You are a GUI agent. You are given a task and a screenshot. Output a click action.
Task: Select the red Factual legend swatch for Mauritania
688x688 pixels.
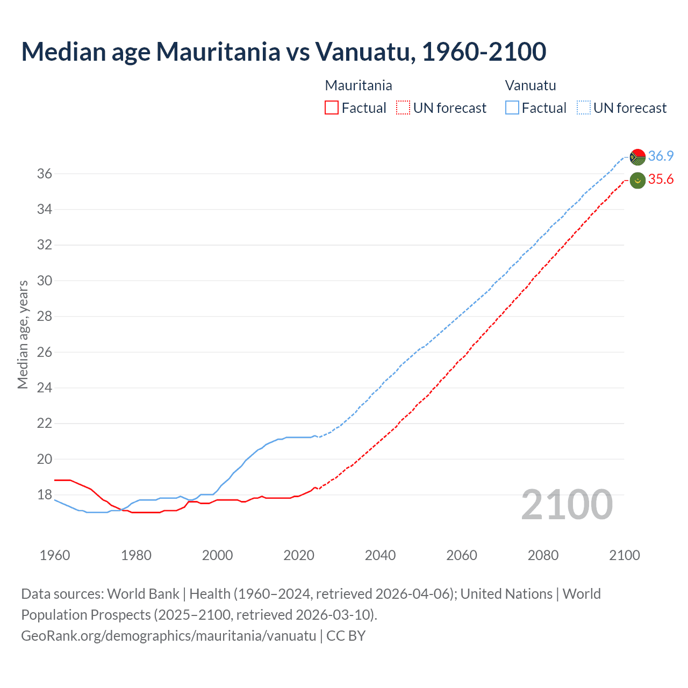tap(332, 108)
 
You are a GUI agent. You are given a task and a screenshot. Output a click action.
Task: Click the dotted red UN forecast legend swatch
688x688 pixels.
tap(403, 108)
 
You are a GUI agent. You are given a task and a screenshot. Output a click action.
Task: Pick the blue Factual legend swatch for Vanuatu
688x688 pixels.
tap(512, 108)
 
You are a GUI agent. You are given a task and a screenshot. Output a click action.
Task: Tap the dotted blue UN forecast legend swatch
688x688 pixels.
tap(584, 108)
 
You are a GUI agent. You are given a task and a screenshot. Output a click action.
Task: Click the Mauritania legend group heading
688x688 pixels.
tap(359, 85)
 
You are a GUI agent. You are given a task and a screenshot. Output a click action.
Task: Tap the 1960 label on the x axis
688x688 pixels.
tap(55, 555)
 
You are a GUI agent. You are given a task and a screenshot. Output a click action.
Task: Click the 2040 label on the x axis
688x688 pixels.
tap(380, 555)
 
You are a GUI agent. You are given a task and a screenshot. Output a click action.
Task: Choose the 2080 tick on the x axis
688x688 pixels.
tap(543, 555)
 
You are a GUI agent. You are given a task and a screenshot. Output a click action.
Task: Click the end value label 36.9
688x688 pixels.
tap(661, 156)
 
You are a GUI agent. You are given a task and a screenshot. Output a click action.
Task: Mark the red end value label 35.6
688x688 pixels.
tap(661, 180)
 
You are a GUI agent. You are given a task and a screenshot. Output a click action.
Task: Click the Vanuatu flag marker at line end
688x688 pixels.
tap(637, 157)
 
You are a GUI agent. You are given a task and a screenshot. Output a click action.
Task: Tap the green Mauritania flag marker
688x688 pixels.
tap(637, 181)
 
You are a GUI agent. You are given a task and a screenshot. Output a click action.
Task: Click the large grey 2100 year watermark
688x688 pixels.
tap(567, 505)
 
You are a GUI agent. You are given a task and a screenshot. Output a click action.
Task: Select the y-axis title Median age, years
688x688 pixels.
tap(23, 334)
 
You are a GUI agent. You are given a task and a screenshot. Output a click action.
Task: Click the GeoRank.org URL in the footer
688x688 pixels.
tap(169, 636)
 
